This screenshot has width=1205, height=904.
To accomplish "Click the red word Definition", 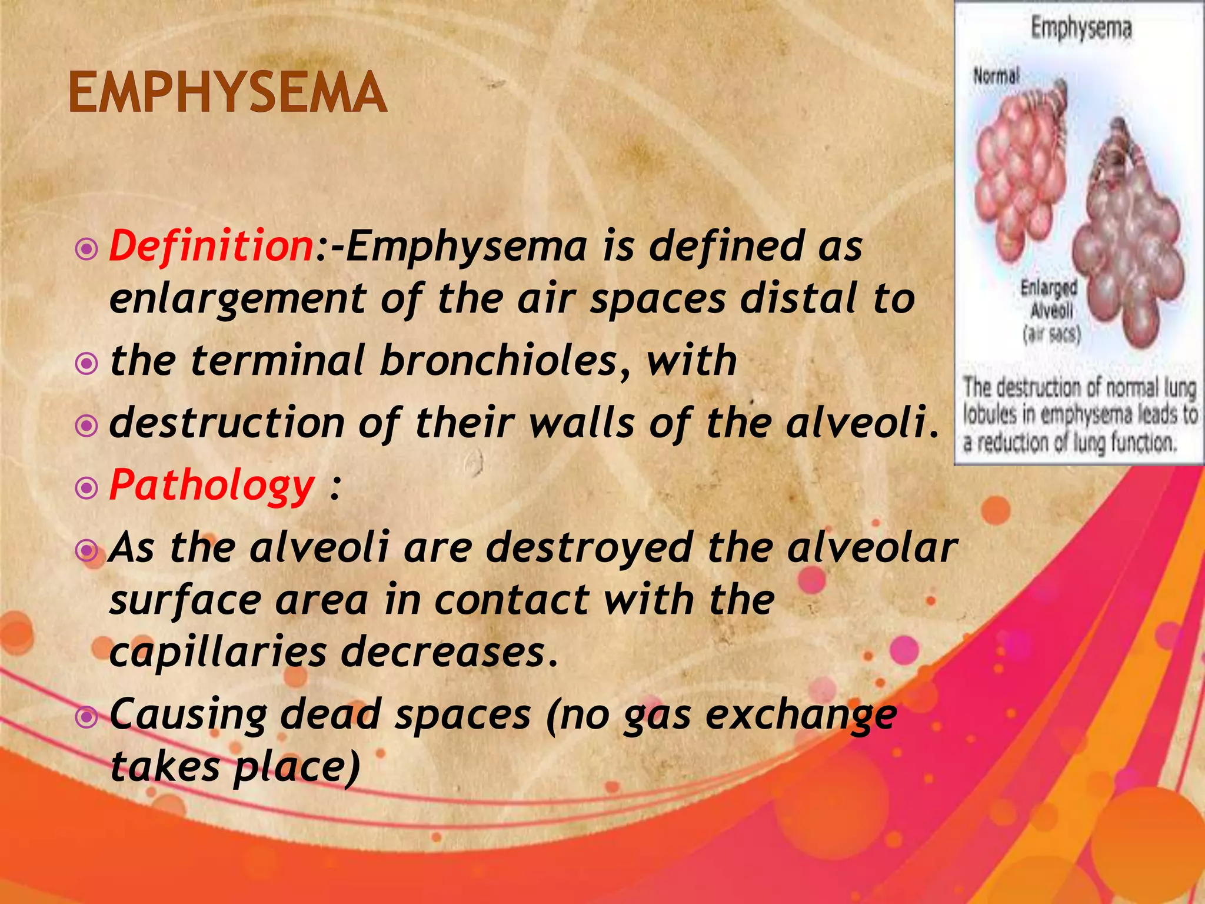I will click(211, 246).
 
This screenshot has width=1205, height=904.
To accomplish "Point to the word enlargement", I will click(238, 299).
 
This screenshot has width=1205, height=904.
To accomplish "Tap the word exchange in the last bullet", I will click(801, 714).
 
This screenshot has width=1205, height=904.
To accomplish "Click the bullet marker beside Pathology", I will click(87, 487).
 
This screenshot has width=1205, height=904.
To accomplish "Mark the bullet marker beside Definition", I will click(87, 250).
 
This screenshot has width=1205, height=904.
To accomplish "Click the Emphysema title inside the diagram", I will click(1081, 28).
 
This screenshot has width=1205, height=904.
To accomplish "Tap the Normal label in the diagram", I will click(996, 76).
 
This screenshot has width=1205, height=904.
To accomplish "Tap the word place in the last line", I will click(295, 766).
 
